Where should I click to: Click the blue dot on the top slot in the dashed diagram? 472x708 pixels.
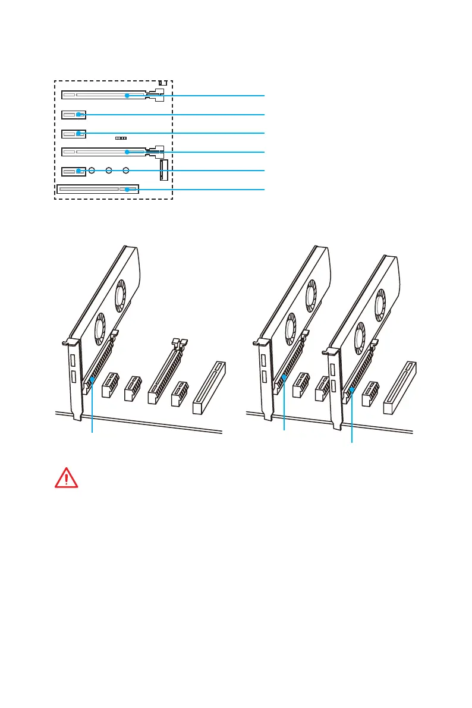pyautogui.click(x=127, y=95)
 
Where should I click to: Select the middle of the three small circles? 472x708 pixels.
pyautogui.click(x=109, y=171)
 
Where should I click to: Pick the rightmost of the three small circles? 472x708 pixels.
pyautogui.click(x=126, y=171)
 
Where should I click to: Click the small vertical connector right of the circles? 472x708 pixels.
pyautogui.click(x=164, y=170)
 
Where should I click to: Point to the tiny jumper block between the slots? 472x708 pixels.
pyautogui.click(x=121, y=137)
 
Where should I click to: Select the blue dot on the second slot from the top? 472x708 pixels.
pyautogui.click(x=78, y=114)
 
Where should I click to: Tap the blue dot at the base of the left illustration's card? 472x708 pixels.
pyautogui.click(x=92, y=379)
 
